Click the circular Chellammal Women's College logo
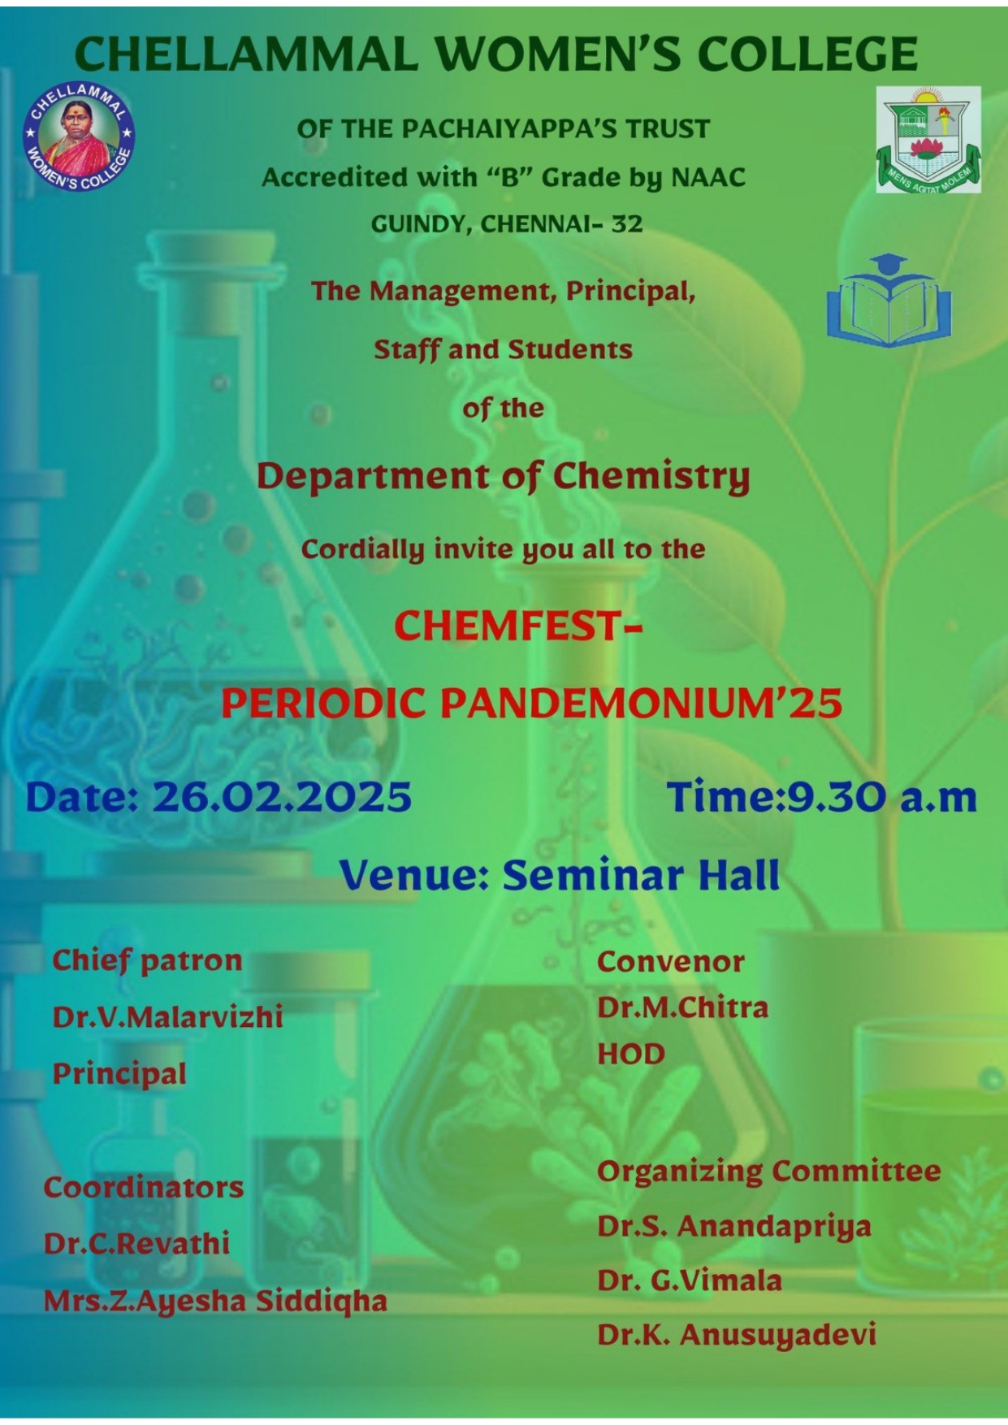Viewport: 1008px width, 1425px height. (79, 137)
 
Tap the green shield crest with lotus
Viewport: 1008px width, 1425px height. (928, 140)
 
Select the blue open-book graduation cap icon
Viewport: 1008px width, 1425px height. (889, 300)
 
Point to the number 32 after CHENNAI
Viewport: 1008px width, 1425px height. (627, 223)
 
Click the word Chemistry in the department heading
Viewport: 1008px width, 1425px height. (651, 477)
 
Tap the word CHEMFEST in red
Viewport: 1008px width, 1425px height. (508, 626)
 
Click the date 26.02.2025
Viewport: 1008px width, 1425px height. (282, 797)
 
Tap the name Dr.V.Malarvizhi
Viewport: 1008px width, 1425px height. (168, 1017)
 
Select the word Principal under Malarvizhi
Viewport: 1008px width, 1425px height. (119, 1074)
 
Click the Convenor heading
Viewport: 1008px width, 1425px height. (671, 962)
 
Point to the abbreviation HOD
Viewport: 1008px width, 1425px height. (631, 1055)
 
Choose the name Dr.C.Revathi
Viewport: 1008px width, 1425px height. (136, 1244)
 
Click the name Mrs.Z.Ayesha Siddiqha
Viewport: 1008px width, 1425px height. (215, 1302)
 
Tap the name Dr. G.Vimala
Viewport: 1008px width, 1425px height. (690, 1281)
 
